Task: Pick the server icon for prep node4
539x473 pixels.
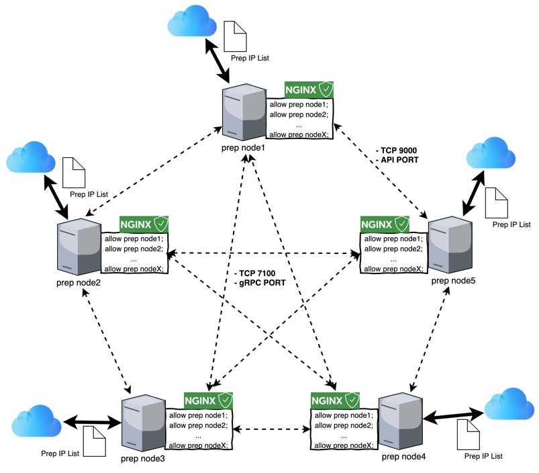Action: tap(400, 423)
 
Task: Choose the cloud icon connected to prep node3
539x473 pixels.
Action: tap(37, 421)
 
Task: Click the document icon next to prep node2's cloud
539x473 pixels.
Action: tap(75, 173)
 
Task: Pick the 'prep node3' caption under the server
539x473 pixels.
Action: tap(143, 459)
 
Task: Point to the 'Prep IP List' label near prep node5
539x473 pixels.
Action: tap(511, 224)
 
